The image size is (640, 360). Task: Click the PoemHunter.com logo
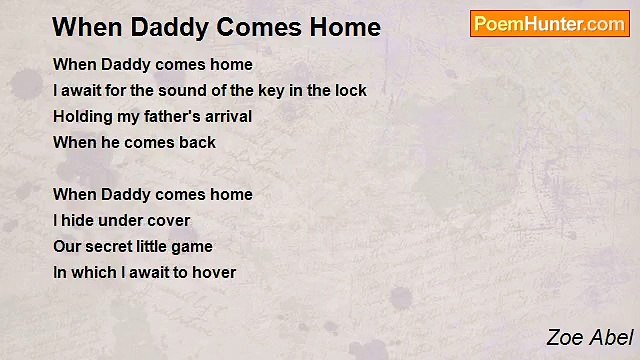549,24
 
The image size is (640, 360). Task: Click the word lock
349,90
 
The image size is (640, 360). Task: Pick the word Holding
82,116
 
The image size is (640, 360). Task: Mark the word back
197,142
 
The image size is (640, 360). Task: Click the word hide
79,220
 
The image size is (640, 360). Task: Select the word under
122,220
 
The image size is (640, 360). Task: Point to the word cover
169,220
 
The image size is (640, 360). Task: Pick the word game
195,247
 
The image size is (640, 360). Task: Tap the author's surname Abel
611,338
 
